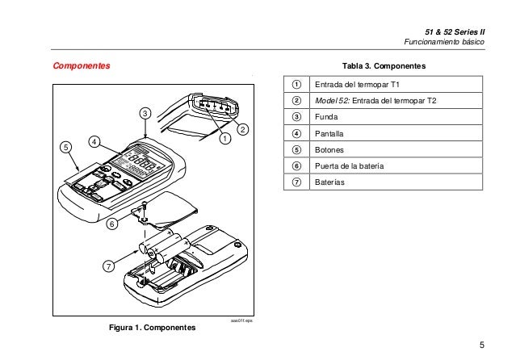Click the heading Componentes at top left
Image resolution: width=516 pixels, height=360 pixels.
click(81, 64)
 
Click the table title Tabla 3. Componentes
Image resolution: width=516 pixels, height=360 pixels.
click(384, 65)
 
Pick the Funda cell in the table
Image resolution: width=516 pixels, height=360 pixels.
click(326, 117)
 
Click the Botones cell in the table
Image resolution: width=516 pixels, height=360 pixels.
click(329, 149)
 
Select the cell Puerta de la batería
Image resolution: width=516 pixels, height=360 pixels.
click(349, 165)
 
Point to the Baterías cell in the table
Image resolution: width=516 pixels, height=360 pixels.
click(329, 182)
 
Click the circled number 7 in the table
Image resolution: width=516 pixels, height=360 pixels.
click(296, 182)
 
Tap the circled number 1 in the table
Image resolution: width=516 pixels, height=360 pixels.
click(296, 85)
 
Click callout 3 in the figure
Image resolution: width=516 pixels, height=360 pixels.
click(145, 112)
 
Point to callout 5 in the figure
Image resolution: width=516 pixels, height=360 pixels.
click(65, 147)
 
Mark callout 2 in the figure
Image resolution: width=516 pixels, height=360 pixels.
click(242, 129)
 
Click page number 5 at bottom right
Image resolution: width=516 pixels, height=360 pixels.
click(481, 345)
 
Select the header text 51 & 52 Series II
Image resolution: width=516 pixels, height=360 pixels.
click(457, 30)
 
